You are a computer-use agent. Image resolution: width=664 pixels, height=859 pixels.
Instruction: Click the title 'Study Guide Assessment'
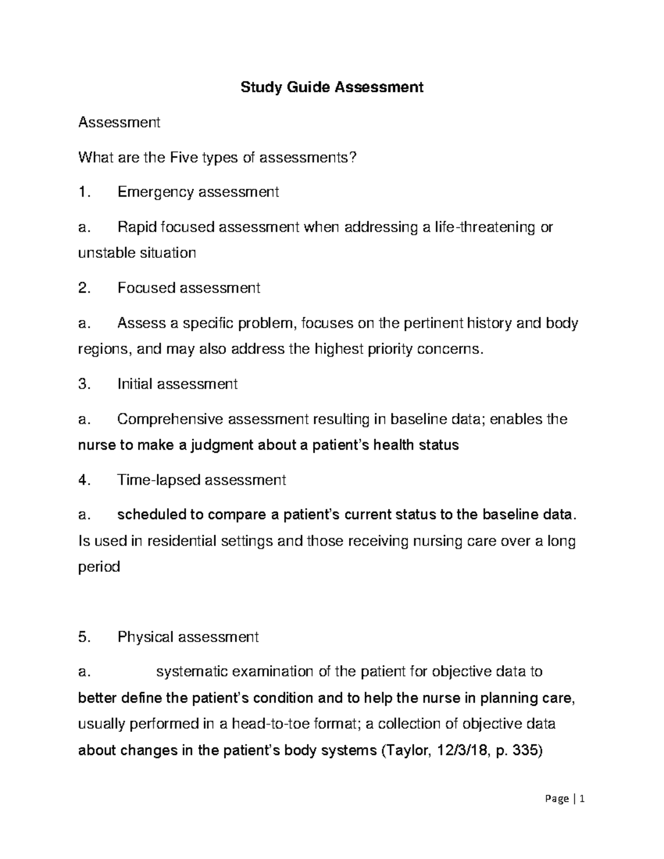click(332, 87)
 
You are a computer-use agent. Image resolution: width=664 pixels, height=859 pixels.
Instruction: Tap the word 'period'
click(99, 567)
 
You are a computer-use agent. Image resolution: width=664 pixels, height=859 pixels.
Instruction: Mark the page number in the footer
click(582, 799)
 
